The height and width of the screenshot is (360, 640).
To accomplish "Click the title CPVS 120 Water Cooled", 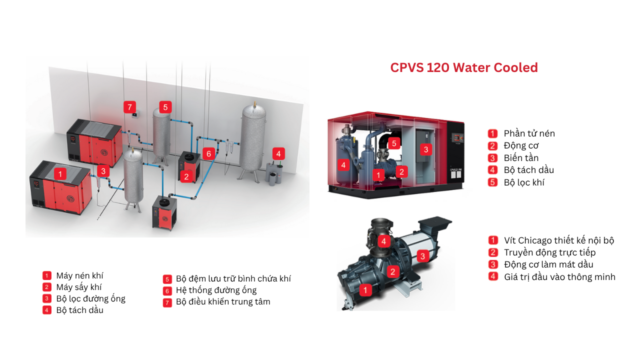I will tap(464, 67).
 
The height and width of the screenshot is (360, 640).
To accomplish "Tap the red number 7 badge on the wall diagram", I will tap(129, 107).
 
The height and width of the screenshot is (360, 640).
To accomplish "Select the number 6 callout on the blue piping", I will tap(209, 153).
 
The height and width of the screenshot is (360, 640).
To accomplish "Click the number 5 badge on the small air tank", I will tap(165, 107).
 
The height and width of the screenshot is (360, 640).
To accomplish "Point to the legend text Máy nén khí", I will tap(80, 275).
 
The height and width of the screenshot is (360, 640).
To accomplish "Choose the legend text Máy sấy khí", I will tap(79, 287).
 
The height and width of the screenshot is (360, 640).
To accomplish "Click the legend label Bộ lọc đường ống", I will tap(91, 298).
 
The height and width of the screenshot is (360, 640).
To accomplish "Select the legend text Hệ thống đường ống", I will tap(216, 290).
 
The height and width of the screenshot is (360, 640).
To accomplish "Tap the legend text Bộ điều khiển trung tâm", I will tap(223, 301).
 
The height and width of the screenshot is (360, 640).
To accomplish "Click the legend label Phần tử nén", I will tap(529, 133).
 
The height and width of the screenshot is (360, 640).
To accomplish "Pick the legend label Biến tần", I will tap(521, 158).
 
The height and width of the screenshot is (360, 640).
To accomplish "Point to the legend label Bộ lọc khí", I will tap(524, 182).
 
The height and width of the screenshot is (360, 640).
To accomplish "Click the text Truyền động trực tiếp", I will tap(549, 252).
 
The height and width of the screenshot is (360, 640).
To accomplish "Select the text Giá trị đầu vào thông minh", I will tap(559, 276).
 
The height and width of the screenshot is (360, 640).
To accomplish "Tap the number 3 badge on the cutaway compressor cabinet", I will tap(426, 149).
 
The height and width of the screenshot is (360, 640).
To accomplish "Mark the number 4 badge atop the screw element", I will tap(383, 241).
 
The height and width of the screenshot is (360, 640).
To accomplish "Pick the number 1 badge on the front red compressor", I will tap(60, 174).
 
